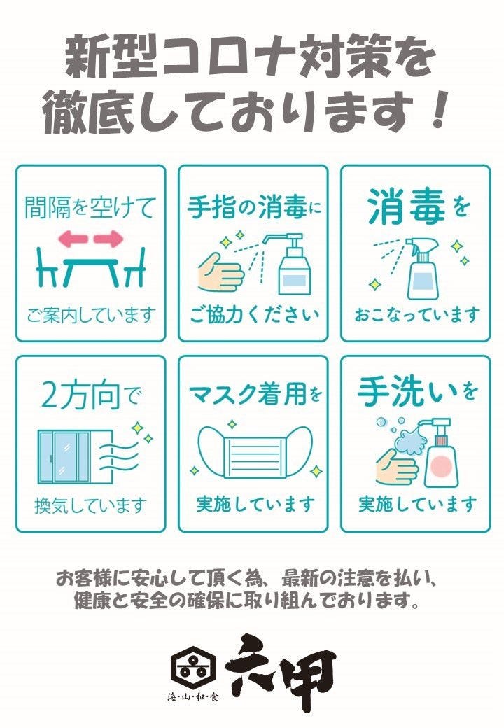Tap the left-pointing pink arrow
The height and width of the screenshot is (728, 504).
pos(73,239)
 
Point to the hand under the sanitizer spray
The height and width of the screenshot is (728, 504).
pos(220,271)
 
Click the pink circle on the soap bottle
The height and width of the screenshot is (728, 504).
pos(440,466)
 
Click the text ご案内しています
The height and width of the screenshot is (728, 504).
pos(90,315)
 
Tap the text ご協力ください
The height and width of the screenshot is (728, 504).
pos(255,315)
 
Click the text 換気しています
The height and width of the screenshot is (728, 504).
pos(90,505)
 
